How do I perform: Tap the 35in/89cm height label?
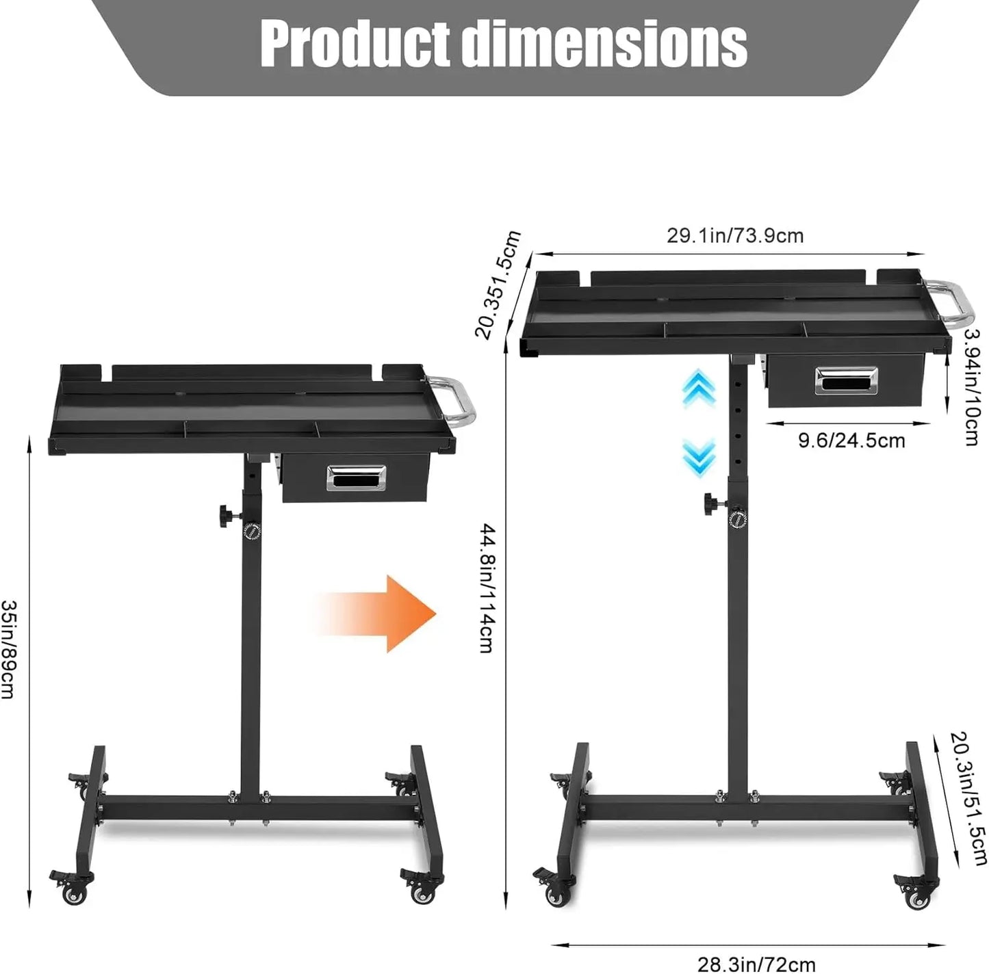point(9,649)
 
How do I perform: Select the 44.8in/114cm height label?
point(487,588)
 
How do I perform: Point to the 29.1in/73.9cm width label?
point(735,236)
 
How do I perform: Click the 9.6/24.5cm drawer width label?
point(851,440)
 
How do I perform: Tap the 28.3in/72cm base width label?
point(756,964)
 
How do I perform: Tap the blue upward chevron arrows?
point(699,390)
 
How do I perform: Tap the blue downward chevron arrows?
point(699,456)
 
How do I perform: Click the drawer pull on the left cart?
point(356,477)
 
